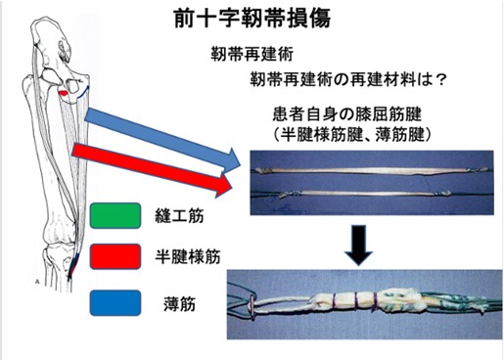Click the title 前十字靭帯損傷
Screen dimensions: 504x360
[x=252, y=18]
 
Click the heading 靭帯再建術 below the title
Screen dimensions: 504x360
[x=252, y=54]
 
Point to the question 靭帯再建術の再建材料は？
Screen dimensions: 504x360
[x=347, y=79]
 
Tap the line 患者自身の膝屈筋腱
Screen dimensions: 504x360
[x=346, y=114]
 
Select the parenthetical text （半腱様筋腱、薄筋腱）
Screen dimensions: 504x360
[x=350, y=134]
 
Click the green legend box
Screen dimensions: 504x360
[x=115, y=215]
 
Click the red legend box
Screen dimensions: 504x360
[x=115, y=256]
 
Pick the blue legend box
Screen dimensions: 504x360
[x=115, y=303]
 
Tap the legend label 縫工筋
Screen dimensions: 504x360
[x=179, y=216]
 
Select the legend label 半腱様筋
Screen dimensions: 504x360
[x=188, y=256]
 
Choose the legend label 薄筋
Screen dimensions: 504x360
[x=179, y=304]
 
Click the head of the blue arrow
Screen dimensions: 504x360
[x=232, y=160]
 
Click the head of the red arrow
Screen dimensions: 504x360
[x=224, y=186]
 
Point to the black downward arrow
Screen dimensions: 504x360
[x=358, y=245]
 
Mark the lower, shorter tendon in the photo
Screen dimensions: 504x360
[x=365, y=194]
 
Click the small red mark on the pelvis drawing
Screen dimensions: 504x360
[x=64, y=93]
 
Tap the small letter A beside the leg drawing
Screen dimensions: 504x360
[x=37, y=282]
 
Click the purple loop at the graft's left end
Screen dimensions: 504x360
[x=252, y=306]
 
